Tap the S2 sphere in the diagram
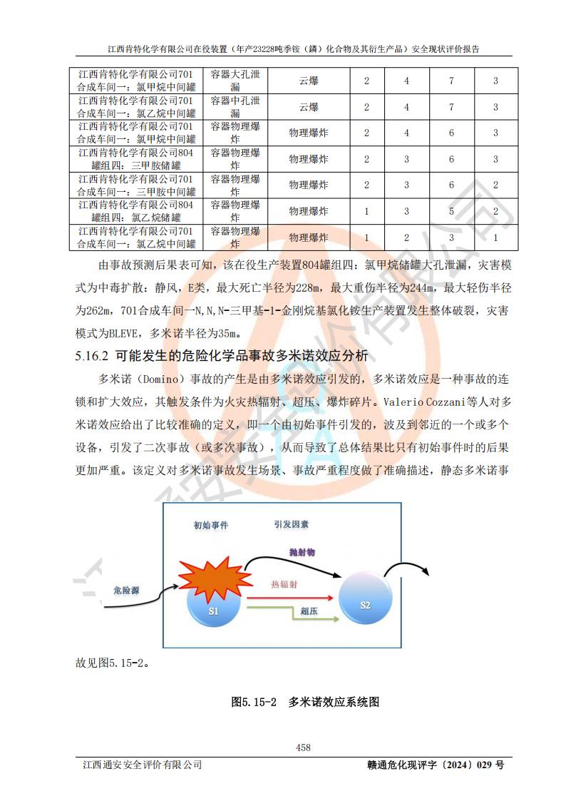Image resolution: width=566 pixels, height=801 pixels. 364,603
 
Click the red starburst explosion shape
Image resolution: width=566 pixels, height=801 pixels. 212,577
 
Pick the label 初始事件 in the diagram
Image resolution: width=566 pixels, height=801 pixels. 211,525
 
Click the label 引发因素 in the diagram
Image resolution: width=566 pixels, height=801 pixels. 291,524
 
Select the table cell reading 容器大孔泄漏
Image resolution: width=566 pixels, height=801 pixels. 235,81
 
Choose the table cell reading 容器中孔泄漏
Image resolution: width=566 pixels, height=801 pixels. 235,107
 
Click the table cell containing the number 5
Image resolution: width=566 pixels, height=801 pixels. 451,211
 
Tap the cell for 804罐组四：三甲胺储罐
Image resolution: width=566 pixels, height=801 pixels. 135,159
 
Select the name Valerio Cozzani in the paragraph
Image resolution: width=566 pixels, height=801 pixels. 420,402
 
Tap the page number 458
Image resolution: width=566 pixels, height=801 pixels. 303,748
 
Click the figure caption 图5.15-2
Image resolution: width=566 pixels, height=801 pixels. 253,703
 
